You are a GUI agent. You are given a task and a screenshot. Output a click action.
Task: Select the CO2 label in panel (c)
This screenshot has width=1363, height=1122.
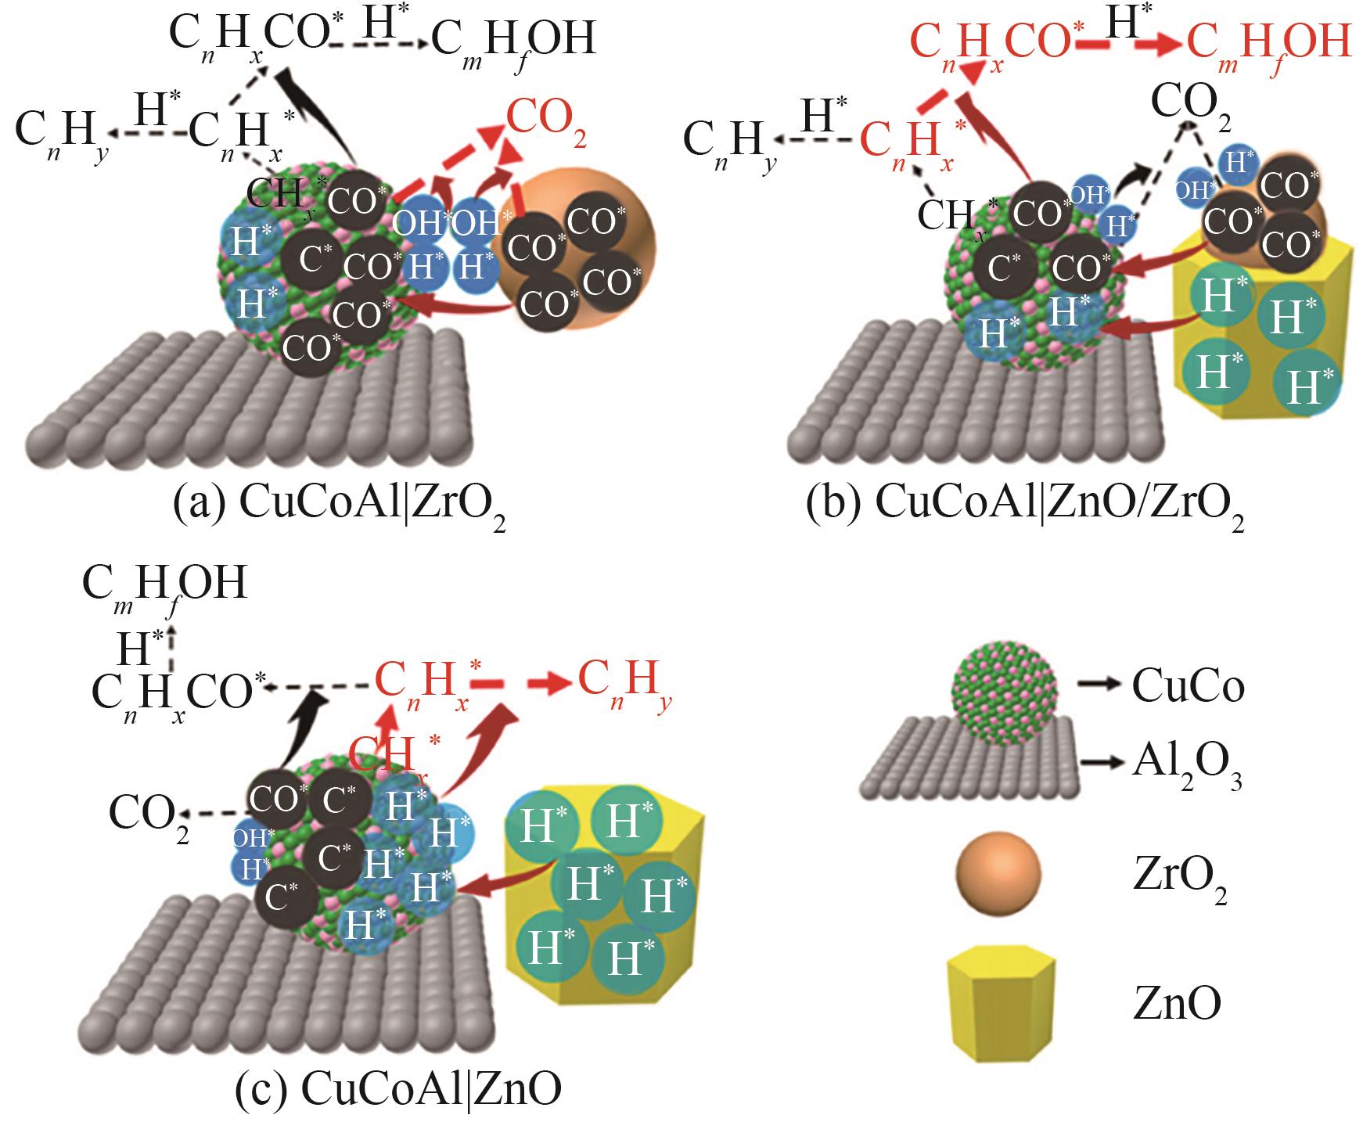pos(149,817)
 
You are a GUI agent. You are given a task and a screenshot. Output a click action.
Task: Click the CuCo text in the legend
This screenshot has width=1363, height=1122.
pos(1188,687)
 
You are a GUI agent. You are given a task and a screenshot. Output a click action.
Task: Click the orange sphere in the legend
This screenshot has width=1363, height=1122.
pos(997,879)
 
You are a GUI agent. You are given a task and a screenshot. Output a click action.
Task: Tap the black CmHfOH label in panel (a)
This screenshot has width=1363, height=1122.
pos(514,41)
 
